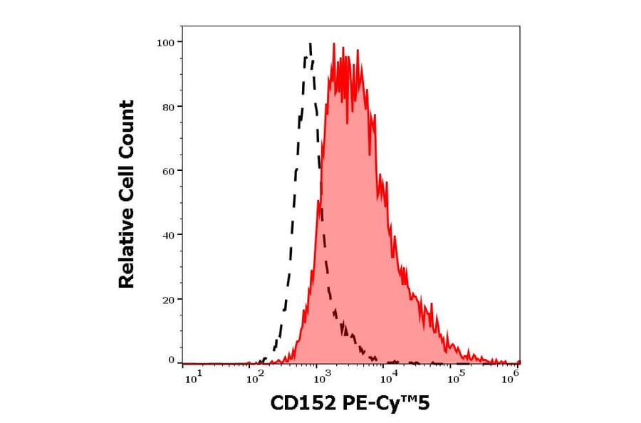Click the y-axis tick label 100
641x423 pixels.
(165, 43)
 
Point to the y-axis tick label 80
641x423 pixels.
(167, 107)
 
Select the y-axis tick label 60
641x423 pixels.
(167, 171)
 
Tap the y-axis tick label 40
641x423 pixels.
(167, 235)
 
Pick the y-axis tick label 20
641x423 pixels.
(167, 299)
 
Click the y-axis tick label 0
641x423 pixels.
(171, 360)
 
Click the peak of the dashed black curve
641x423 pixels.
(310, 44)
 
